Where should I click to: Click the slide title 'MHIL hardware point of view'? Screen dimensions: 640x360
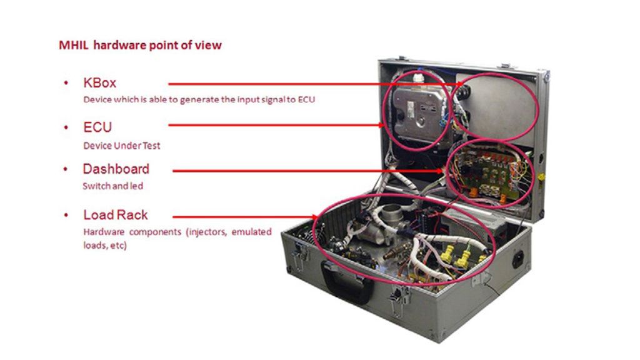pos(140,45)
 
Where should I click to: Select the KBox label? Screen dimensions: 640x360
pos(99,83)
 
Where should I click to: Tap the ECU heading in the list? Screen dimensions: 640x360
pos(97,127)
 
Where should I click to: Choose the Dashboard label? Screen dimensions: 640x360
pos(116,169)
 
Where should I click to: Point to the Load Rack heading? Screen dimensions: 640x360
pos(116,215)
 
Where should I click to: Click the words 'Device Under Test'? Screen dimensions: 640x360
pos(122,146)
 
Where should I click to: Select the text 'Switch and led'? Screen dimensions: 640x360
pos(112,186)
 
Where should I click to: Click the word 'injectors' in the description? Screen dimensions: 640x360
pos(207,232)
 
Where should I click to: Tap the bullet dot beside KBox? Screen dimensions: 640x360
pos(66,83)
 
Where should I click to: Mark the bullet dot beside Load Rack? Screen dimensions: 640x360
pos(66,215)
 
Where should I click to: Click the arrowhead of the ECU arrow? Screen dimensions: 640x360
pos(382,125)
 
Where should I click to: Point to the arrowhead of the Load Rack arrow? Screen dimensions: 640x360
pos(315,217)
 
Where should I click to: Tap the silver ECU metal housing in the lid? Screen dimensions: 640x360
pos(421,114)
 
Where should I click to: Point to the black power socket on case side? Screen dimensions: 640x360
pos(518,259)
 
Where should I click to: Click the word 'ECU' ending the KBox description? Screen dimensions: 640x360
pos(306,99)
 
